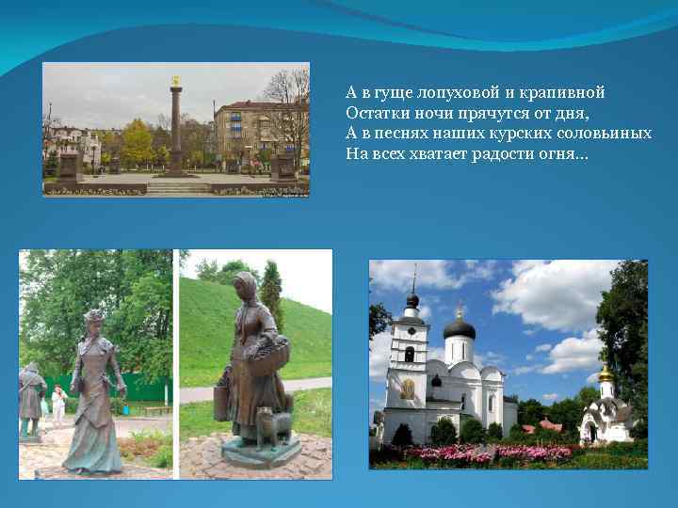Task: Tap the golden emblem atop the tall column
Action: click(175, 81)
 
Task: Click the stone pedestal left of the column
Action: click(69, 167)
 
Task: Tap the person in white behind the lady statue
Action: click(58, 405)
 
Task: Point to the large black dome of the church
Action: click(459, 327)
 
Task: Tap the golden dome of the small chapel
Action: click(605, 373)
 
